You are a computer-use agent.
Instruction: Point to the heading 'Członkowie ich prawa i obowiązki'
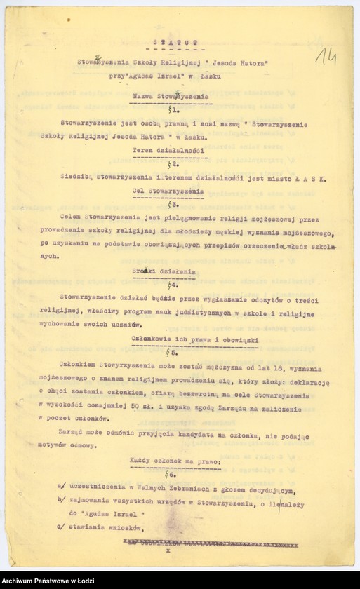point(195,339)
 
